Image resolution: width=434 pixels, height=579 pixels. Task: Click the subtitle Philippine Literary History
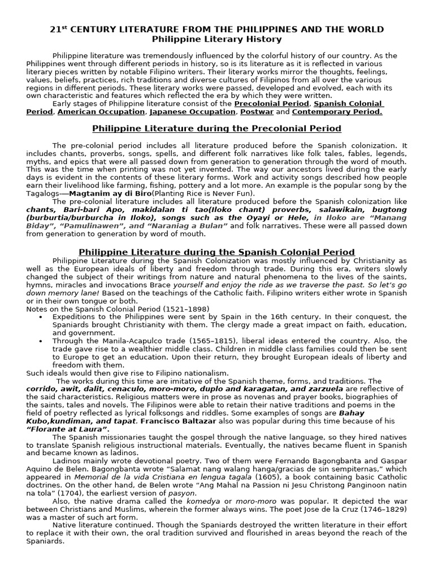(217, 40)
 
